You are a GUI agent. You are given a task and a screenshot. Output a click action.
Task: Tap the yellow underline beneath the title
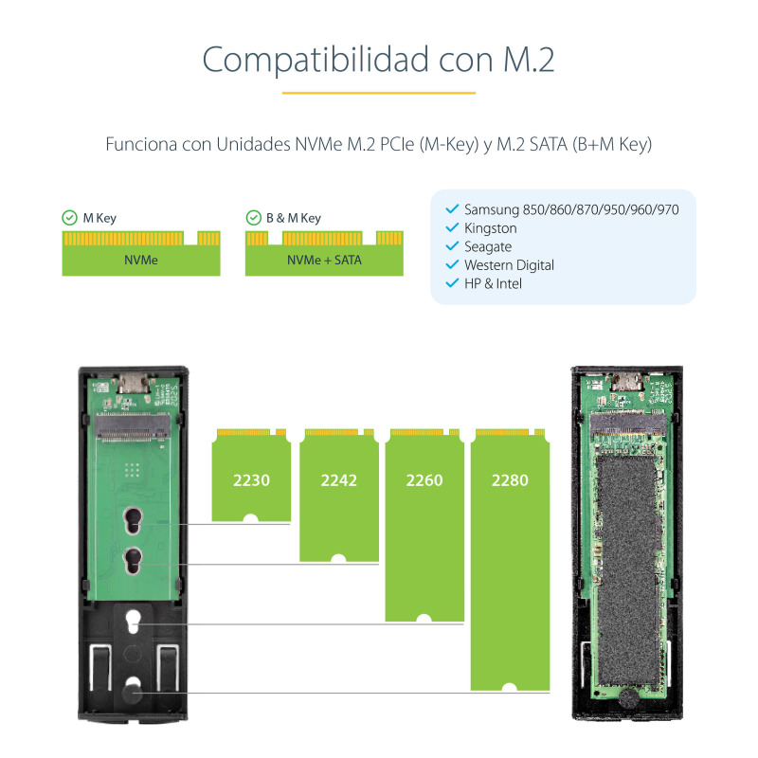pyautogui.click(x=379, y=93)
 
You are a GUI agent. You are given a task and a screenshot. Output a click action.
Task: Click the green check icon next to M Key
pyautogui.click(x=69, y=218)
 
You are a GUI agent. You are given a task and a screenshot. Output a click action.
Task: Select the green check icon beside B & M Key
pyautogui.click(x=252, y=218)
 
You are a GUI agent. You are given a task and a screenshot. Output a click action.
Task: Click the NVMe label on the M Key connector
pyautogui.click(x=141, y=259)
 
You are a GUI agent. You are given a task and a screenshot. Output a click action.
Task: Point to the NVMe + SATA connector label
pyautogui.click(x=324, y=259)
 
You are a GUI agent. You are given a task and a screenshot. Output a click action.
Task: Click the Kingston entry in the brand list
pyautogui.click(x=490, y=228)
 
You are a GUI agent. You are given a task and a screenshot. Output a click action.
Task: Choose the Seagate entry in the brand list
pyautogui.click(x=487, y=246)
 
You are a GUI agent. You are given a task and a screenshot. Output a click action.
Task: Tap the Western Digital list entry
pyautogui.click(x=509, y=265)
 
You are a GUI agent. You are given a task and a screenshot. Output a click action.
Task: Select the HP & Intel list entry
pyautogui.click(x=493, y=283)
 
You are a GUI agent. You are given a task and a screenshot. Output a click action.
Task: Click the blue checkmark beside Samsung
pyautogui.click(x=451, y=209)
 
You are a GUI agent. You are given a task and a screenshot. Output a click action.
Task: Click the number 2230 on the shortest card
pyautogui.click(x=251, y=480)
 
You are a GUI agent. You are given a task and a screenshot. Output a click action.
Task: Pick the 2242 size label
pyautogui.click(x=338, y=480)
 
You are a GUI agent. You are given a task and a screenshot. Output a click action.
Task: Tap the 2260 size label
pyautogui.click(x=424, y=480)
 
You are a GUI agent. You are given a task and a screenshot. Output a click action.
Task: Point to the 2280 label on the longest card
pyautogui.click(x=510, y=480)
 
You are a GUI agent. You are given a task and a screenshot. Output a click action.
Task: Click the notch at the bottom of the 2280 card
pyautogui.click(x=510, y=686)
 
